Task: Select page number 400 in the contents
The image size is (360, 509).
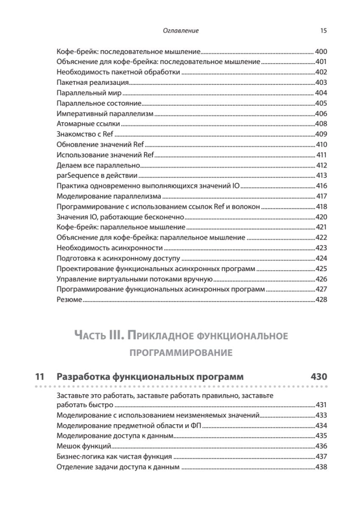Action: tap(321, 52)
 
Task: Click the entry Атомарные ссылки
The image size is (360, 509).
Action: tap(88, 124)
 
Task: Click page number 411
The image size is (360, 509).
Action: tap(322, 154)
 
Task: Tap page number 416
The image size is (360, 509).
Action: tap(321, 186)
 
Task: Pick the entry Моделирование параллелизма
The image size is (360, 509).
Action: tap(109, 196)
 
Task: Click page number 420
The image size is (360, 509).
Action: tap(321, 217)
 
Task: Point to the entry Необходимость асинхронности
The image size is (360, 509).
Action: tap(109, 248)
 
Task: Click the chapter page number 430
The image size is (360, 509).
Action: tap(317, 377)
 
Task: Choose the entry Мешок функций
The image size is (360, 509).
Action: tap(84, 446)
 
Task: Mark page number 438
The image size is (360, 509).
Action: tap(321, 467)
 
